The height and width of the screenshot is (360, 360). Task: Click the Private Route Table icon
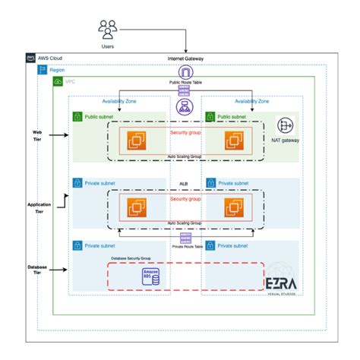pyautogui.click(x=185, y=238)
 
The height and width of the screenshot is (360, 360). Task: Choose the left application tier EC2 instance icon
pyautogui.click(x=138, y=206)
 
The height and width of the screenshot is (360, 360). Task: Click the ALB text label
pyautogui.click(x=183, y=184)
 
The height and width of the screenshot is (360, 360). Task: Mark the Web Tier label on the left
pyautogui.click(x=36, y=134)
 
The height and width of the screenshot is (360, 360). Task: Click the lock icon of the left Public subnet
pyautogui.click(x=77, y=116)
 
